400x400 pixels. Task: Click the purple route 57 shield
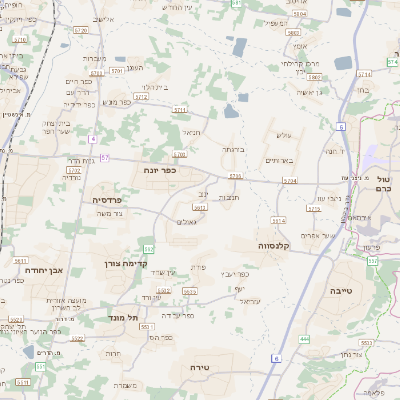[x=105, y=157]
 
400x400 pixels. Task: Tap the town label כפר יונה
[x=160, y=170]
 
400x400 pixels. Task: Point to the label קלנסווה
[x=273, y=245]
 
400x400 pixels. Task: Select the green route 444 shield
[x=303, y=340]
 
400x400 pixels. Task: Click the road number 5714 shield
[x=289, y=181]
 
